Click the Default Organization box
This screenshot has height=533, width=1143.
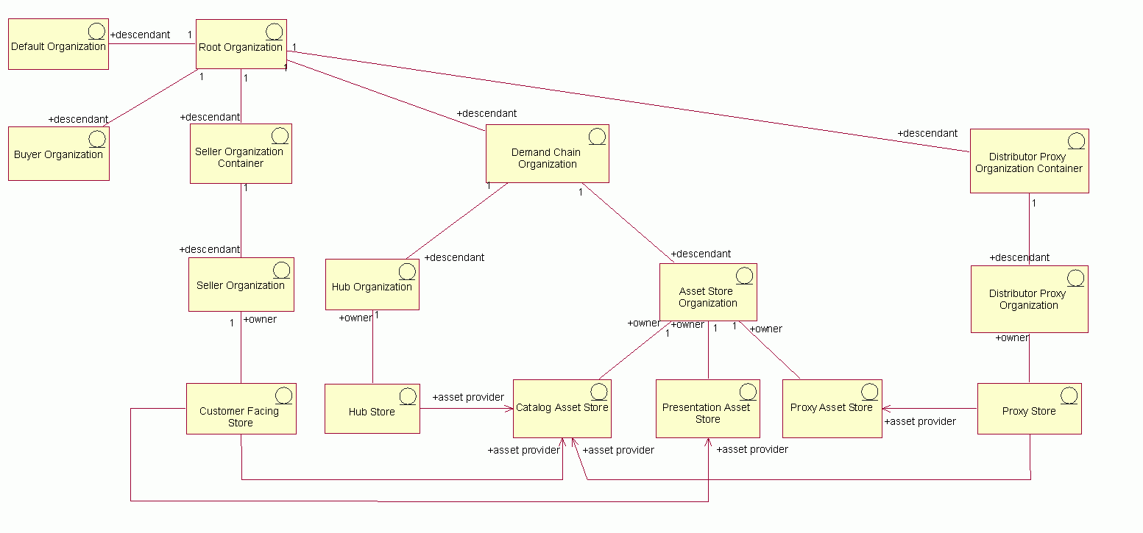[59, 44]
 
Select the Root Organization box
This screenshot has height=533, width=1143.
[241, 44]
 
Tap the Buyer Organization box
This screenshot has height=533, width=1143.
[59, 154]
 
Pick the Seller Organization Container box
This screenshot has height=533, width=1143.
[241, 154]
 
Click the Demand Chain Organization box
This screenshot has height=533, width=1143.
[548, 154]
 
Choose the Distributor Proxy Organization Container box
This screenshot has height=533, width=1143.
[1029, 161]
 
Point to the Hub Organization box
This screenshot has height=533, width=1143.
[372, 285]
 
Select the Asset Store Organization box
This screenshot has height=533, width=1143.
[708, 292]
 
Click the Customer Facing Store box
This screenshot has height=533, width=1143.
[241, 409]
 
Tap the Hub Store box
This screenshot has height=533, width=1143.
[372, 409]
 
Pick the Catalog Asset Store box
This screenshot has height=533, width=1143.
[562, 409]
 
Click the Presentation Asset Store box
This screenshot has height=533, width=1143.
[708, 409]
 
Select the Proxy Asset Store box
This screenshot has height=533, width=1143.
[832, 409]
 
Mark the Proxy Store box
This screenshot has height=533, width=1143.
[1029, 409]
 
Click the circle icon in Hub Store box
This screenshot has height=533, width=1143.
[408, 396]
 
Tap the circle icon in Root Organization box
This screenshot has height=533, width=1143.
[274, 32]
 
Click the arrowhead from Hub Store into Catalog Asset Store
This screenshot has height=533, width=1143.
[509, 408]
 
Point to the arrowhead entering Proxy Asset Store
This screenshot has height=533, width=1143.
[887, 408]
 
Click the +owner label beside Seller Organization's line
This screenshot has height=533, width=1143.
[260, 320]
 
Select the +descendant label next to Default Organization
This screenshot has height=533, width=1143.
[141, 35]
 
